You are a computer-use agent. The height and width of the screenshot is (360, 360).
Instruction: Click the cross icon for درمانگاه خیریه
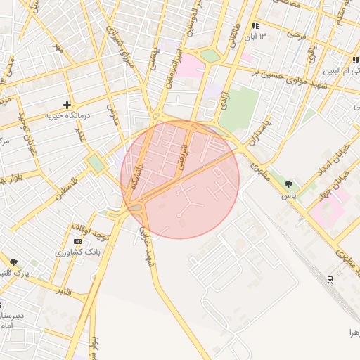[67, 104]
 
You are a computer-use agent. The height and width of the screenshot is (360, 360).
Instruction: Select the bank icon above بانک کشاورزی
[77, 241]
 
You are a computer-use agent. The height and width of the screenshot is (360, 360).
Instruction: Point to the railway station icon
[330, 279]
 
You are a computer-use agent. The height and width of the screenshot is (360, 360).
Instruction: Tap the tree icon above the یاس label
[288, 184]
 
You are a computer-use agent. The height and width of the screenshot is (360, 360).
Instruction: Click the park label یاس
[288, 195]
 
